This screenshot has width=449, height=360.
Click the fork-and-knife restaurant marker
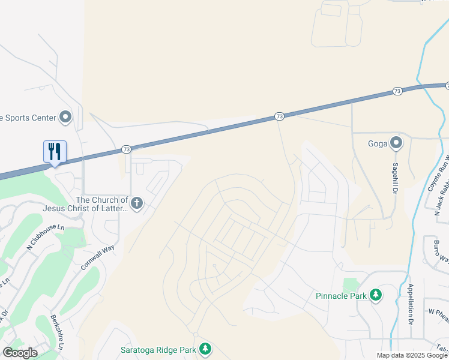coord(55,151)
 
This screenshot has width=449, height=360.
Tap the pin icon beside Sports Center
coord(65,117)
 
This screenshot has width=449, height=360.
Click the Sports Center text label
coord(28,118)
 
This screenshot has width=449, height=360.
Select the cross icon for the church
coord(137,203)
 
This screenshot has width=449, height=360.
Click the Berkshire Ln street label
coord(56,332)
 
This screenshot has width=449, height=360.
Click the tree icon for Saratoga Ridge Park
coord(205,349)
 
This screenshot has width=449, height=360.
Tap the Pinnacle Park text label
coord(340,295)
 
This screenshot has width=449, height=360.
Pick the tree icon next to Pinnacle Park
coord(375,295)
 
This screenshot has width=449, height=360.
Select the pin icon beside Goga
coord(396,143)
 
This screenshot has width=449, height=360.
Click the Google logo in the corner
coord(20,352)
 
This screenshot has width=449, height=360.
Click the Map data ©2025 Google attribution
coord(412,355)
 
